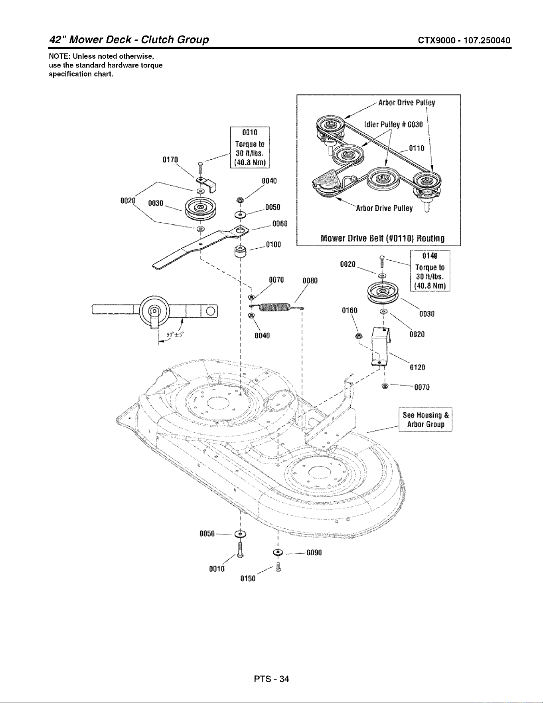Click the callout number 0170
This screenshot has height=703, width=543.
point(170,160)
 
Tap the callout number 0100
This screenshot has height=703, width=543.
point(273,244)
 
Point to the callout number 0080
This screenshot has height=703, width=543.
point(310,280)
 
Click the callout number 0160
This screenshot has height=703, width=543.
point(349,311)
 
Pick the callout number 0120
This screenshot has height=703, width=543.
point(417,367)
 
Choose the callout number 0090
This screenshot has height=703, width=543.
point(314,552)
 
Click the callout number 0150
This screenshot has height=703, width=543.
point(248,578)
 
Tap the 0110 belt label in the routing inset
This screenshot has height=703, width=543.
point(417,149)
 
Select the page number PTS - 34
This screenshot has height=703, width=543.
point(271,678)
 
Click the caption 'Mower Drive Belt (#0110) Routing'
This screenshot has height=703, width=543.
point(383,239)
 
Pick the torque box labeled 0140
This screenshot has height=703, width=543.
point(430,271)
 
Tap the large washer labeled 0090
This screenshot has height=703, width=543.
point(278,552)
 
